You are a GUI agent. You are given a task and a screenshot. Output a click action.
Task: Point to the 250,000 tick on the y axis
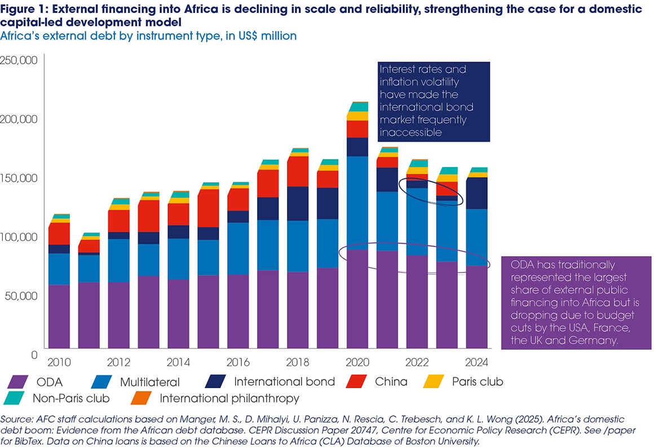19,60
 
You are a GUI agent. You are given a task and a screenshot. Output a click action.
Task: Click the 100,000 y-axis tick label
19,236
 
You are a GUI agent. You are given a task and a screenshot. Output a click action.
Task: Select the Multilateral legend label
150,382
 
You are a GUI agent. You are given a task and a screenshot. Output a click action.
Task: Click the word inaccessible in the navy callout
408,131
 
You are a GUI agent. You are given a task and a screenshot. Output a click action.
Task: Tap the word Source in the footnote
16,419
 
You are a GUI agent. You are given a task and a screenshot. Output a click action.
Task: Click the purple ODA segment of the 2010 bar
58,316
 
